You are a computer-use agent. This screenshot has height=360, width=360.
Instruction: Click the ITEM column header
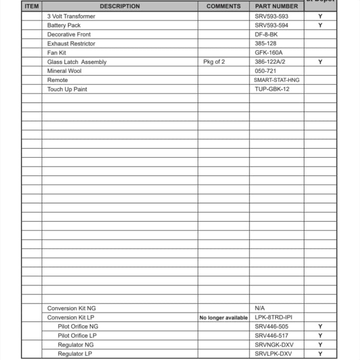(32, 6)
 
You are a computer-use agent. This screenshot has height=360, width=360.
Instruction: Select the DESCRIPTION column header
(120, 6)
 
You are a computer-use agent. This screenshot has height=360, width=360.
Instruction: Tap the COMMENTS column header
(223, 6)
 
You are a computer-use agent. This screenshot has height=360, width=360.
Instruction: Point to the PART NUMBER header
(276, 6)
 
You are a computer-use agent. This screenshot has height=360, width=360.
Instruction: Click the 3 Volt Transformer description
(71, 16)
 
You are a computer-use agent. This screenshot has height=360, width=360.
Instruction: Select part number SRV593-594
(271, 25)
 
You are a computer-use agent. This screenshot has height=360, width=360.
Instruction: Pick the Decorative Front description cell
(69, 35)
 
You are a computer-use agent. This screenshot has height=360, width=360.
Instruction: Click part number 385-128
(265, 44)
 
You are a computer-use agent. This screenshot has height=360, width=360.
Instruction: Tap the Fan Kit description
(57, 53)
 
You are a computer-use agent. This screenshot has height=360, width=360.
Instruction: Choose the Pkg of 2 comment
(214, 62)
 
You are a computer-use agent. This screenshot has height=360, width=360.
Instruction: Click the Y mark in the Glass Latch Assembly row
(320, 62)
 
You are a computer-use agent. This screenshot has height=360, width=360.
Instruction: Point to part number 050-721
(265, 71)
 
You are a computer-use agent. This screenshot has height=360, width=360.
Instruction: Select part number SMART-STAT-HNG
(276, 80)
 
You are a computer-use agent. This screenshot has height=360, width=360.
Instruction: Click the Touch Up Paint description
(67, 89)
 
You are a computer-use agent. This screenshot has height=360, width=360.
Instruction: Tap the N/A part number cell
(260, 308)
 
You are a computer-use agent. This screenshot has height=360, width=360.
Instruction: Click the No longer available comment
(224, 318)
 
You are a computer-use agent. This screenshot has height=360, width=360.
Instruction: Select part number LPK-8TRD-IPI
(273, 317)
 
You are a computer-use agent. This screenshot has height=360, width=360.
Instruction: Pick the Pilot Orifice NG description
(78, 326)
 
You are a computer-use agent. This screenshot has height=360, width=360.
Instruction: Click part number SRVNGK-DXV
(274, 345)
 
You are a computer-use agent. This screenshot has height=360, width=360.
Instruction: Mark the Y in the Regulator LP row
(320, 354)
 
